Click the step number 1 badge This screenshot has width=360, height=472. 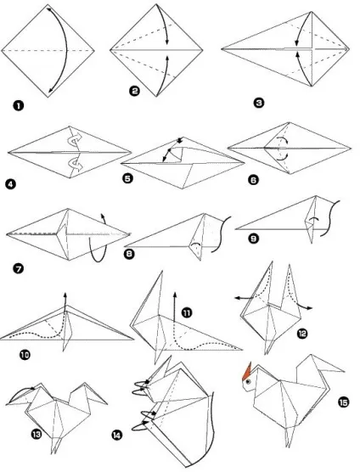point(19,105)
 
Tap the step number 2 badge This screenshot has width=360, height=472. point(134,91)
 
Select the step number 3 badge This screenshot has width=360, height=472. point(259,103)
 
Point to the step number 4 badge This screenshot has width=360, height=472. point(10,183)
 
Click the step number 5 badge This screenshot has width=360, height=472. point(127,178)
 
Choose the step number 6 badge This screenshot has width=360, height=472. point(253,180)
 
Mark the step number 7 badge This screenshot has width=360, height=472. point(19,268)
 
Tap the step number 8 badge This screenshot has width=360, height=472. point(129,254)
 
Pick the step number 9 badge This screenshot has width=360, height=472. point(254,239)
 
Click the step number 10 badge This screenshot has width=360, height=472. point(25,355)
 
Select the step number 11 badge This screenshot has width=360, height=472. point(187,313)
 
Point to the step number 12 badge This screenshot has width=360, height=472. point(302,334)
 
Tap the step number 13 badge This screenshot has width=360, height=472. point(37,434)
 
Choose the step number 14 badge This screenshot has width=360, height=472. point(117,435)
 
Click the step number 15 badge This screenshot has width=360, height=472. point(344,402)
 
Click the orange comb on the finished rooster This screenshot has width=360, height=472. point(247,372)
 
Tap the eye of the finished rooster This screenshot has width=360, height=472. point(248,382)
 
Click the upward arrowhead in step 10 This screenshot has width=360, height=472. point(65,295)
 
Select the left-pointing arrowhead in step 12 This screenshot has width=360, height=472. point(238,298)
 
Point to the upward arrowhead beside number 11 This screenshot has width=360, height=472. point(175,294)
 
